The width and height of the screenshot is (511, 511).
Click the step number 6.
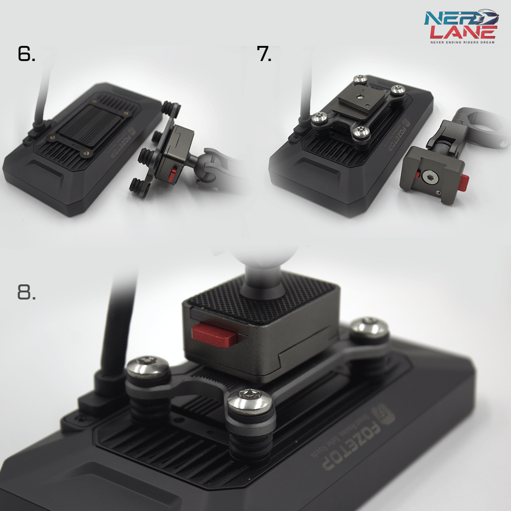26,54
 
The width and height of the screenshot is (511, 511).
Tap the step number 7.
264,54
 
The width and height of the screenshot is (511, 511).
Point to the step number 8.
26,292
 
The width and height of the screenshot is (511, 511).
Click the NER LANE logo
460,25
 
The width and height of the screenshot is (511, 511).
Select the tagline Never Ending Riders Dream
462,42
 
